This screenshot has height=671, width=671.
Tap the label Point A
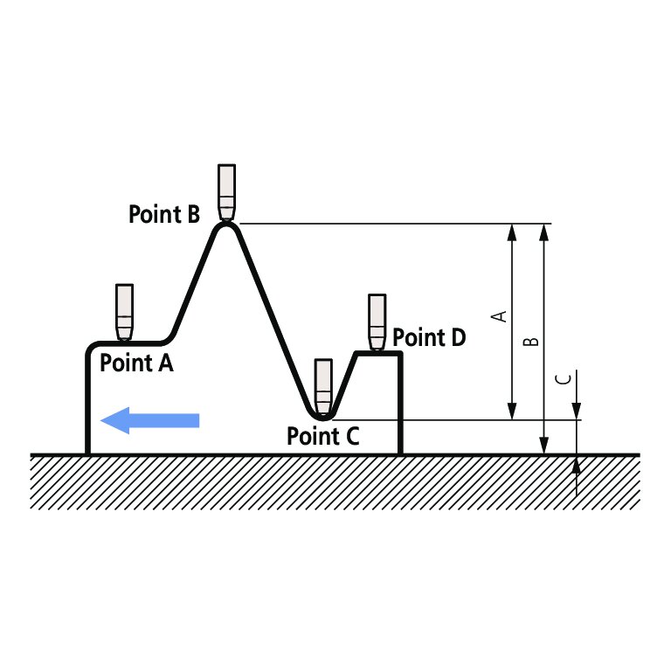pyautogui.click(x=136, y=363)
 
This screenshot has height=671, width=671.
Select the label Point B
pyautogui.click(x=164, y=214)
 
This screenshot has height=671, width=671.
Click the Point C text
pyautogui.click(x=323, y=436)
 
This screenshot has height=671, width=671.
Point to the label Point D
pyautogui.click(x=430, y=337)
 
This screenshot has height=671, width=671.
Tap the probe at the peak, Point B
pyautogui.click(x=227, y=192)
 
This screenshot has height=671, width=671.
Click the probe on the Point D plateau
pyautogui.click(x=377, y=322)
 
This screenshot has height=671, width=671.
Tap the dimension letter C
pyautogui.click(x=564, y=378)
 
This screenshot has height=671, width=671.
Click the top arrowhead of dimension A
pyautogui.click(x=513, y=231)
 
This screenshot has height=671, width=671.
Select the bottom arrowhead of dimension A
pyautogui.click(x=513, y=412)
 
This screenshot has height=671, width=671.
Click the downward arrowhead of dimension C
pyautogui.click(x=577, y=412)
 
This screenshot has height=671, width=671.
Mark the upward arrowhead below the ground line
pyautogui.click(x=577, y=464)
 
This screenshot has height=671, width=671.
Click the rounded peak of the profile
pyautogui.click(x=227, y=225)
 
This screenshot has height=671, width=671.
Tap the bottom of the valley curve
pyautogui.click(x=323, y=418)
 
